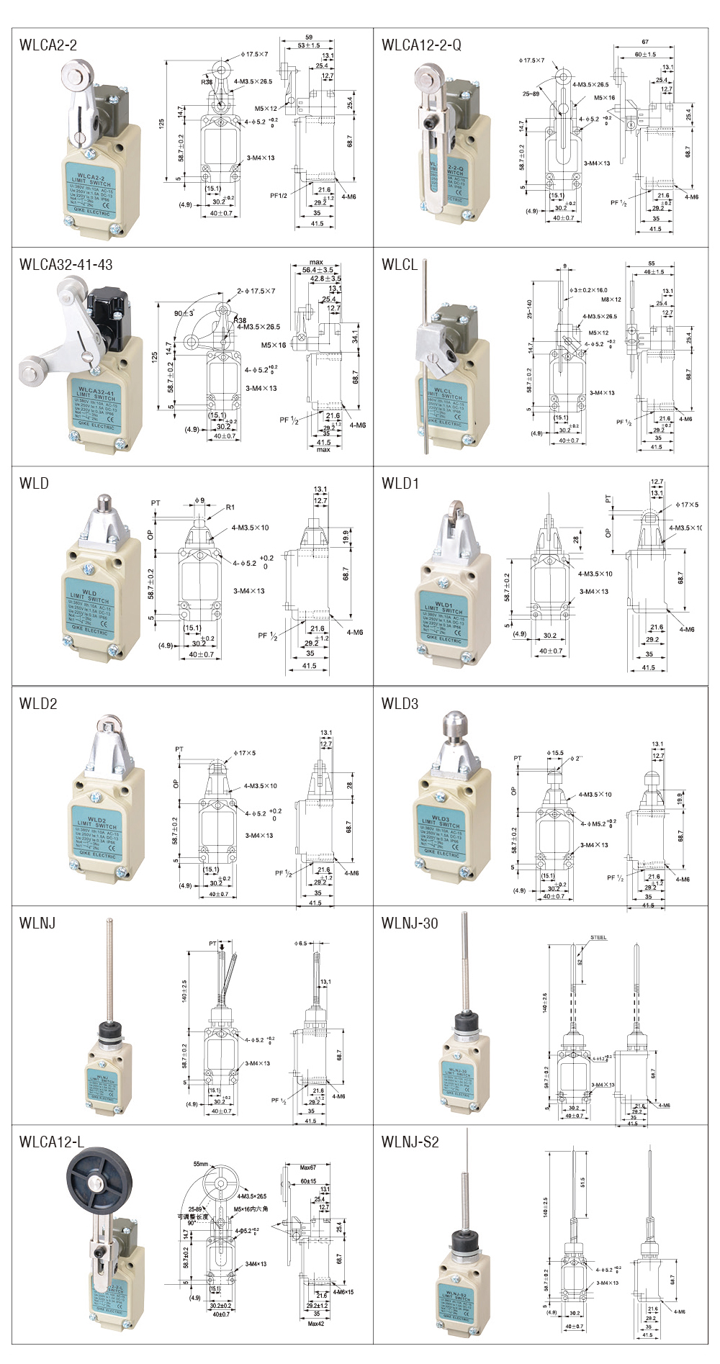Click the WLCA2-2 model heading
coord(48,45)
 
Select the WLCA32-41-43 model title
coord(66,265)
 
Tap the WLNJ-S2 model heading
coord(410,1142)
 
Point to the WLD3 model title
coord(400,704)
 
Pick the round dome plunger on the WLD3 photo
coord(456,721)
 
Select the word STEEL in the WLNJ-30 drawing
coord(598,938)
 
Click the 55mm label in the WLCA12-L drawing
coord(201,1164)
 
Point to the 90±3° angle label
coord(184,314)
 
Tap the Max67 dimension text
coord(308,1167)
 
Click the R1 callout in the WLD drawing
coord(230,507)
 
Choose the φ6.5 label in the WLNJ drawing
coord(300,943)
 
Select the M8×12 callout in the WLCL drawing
coord(611,299)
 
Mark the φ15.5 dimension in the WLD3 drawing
coord(555,753)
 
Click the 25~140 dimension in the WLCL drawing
coord(530,310)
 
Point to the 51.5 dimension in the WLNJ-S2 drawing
coord(582,1182)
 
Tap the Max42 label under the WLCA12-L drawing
coord(316,1324)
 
